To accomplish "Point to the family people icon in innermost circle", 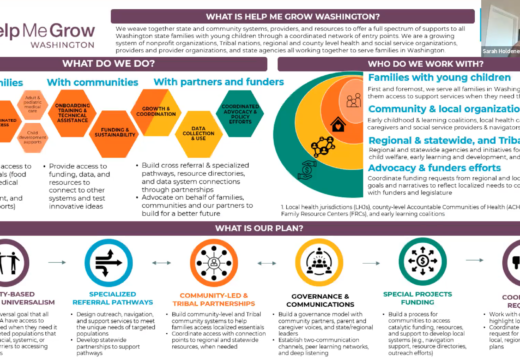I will tap(353, 100).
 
